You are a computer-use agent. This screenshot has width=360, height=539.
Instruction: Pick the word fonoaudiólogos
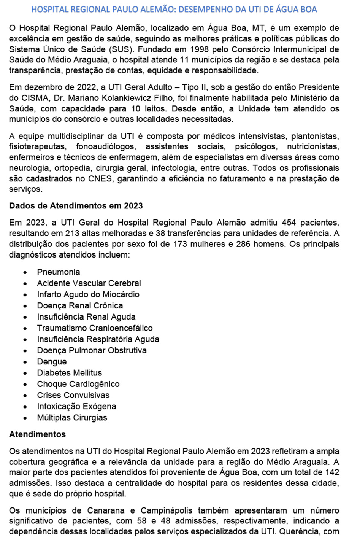(105, 146)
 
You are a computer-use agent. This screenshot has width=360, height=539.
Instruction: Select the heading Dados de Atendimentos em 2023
(76, 206)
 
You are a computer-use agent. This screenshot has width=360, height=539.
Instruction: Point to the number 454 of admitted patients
(289, 223)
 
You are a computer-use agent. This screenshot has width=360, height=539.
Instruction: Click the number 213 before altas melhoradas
(72, 233)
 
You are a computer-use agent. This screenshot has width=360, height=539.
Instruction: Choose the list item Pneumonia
(58, 272)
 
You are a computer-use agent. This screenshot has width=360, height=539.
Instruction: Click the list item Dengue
(52, 362)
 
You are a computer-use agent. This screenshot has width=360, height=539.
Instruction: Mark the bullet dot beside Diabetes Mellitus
(25, 373)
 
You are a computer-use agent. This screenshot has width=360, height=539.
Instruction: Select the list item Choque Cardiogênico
(78, 384)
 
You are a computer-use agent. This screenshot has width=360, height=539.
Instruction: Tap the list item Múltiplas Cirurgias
(72, 418)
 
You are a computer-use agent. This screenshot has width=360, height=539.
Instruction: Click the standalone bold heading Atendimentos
(37, 434)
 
